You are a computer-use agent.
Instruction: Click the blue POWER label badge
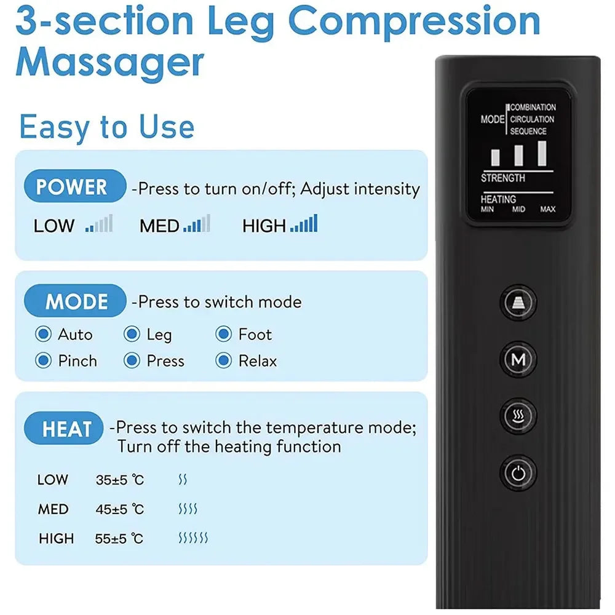tap(73, 187)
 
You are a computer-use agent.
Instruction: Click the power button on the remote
tap(518, 473)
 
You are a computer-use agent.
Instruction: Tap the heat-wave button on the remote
tap(518, 416)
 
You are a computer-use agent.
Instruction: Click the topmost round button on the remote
tap(518, 303)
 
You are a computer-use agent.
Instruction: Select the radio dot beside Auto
tap(43, 335)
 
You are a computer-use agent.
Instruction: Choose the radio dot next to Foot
tap(223, 335)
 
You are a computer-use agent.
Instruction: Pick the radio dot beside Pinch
tap(43, 360)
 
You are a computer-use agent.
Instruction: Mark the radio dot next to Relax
tap(223, 360)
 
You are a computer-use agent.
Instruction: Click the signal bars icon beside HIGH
tap(304, 224)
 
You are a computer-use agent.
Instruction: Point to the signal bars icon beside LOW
tap(99, 224)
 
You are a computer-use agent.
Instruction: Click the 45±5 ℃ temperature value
tap(119, 509)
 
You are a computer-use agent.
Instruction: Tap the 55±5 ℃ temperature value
tap(119, 539)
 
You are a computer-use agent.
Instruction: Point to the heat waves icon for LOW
tap(183, 480)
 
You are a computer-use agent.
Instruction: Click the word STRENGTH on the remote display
tap(503, 178)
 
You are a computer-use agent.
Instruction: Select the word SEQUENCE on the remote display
tap(528, 131)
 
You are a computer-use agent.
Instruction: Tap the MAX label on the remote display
tap(547, 210)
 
